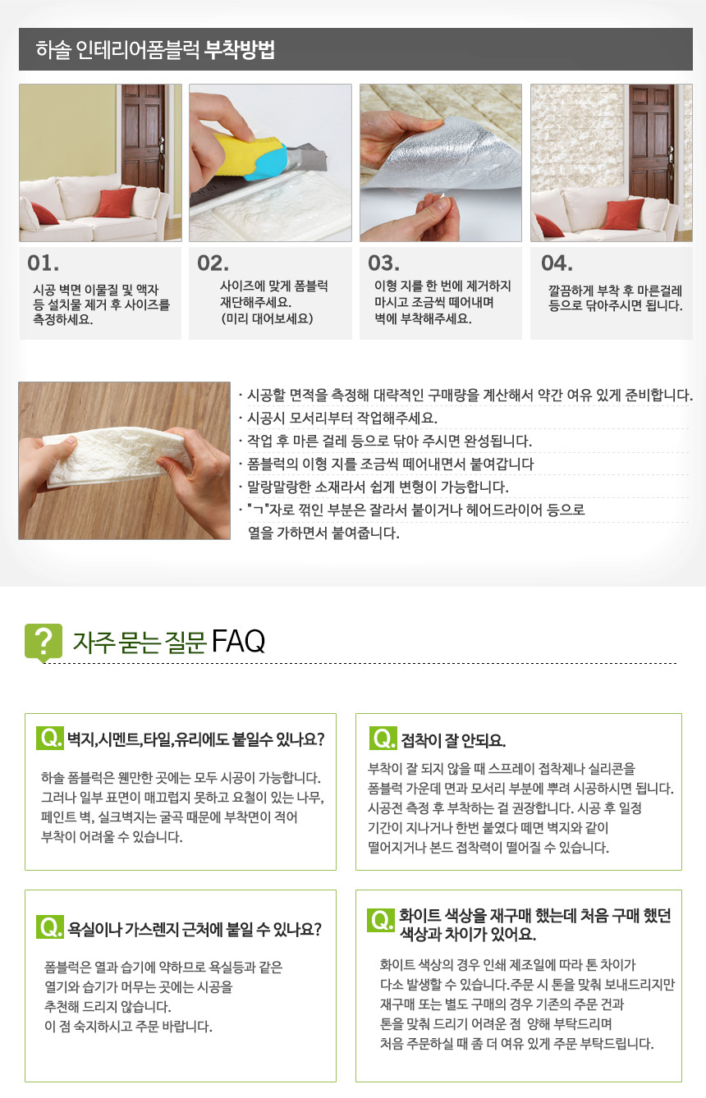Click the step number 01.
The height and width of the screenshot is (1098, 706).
coord(44,263)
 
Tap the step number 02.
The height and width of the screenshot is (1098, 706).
coord(213,263)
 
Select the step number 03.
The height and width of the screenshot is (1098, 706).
coord(383,263)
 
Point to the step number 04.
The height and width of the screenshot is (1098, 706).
coord(557,263)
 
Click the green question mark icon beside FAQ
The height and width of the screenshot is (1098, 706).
coord(44,642)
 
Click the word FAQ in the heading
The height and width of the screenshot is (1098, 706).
coord(238,641)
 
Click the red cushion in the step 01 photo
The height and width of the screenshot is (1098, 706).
coord(117,202)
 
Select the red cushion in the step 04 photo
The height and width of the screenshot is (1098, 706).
coord(624,214)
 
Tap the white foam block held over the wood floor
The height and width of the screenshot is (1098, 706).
coord(117,458)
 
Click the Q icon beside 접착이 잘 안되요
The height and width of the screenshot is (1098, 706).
coord(383,739)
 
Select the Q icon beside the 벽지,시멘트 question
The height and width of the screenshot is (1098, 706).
coord(50,738)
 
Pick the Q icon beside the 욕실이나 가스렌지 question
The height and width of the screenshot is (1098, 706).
coord(50,927)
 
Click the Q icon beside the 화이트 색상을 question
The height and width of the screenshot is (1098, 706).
coord(381,920)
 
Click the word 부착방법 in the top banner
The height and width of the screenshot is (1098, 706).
coord(239,50)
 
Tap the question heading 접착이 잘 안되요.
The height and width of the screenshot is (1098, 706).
coord(453,740)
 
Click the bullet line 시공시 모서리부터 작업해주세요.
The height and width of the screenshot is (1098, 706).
coord(342,419)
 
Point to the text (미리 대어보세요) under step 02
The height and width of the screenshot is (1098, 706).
coord(267,318)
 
